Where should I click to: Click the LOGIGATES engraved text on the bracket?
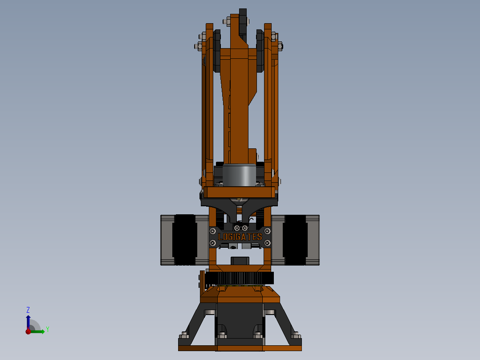click(x=240, y=237)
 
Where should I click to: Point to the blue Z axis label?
click(x=28, y=310)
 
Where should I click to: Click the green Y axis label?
click(x=47, y=329)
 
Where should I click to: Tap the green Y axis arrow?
click(x=38, y=331)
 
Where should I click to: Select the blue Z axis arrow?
click(x=28, y=322)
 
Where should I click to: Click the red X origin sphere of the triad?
click(x=28, y=331)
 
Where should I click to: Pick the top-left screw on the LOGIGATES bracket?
click(x=213, y=231)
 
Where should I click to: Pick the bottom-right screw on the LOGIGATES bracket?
click(x=267, y=243)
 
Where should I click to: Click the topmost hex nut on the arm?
click(x=227, y=20)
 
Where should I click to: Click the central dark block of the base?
click(x=240, y=321)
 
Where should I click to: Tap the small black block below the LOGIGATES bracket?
click(x=240, y=260)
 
